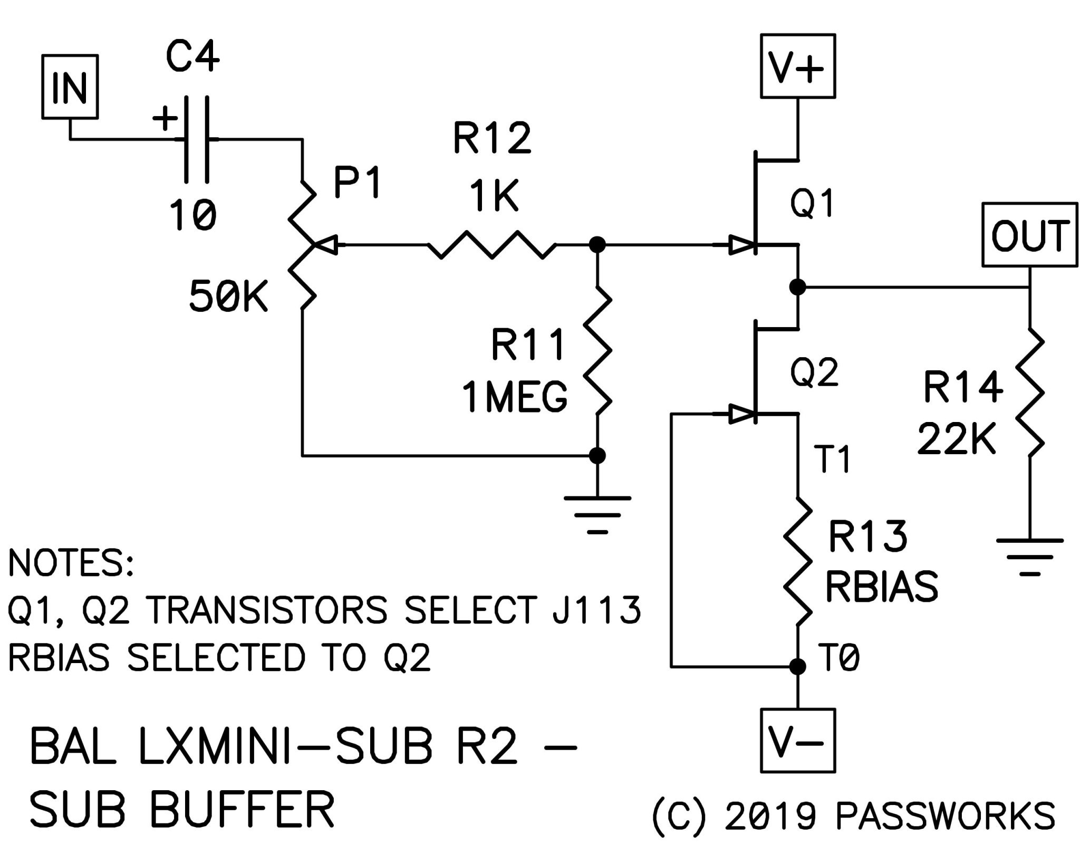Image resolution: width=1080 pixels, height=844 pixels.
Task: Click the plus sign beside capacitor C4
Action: coord(165,118)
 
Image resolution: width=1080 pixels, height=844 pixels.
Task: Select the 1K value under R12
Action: coord(494,195)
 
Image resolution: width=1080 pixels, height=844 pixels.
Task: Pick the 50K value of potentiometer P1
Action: coord(229,296)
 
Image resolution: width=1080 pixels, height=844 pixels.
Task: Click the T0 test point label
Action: coord(837,658)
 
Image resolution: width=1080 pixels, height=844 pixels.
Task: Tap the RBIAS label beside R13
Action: coord(882,586)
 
